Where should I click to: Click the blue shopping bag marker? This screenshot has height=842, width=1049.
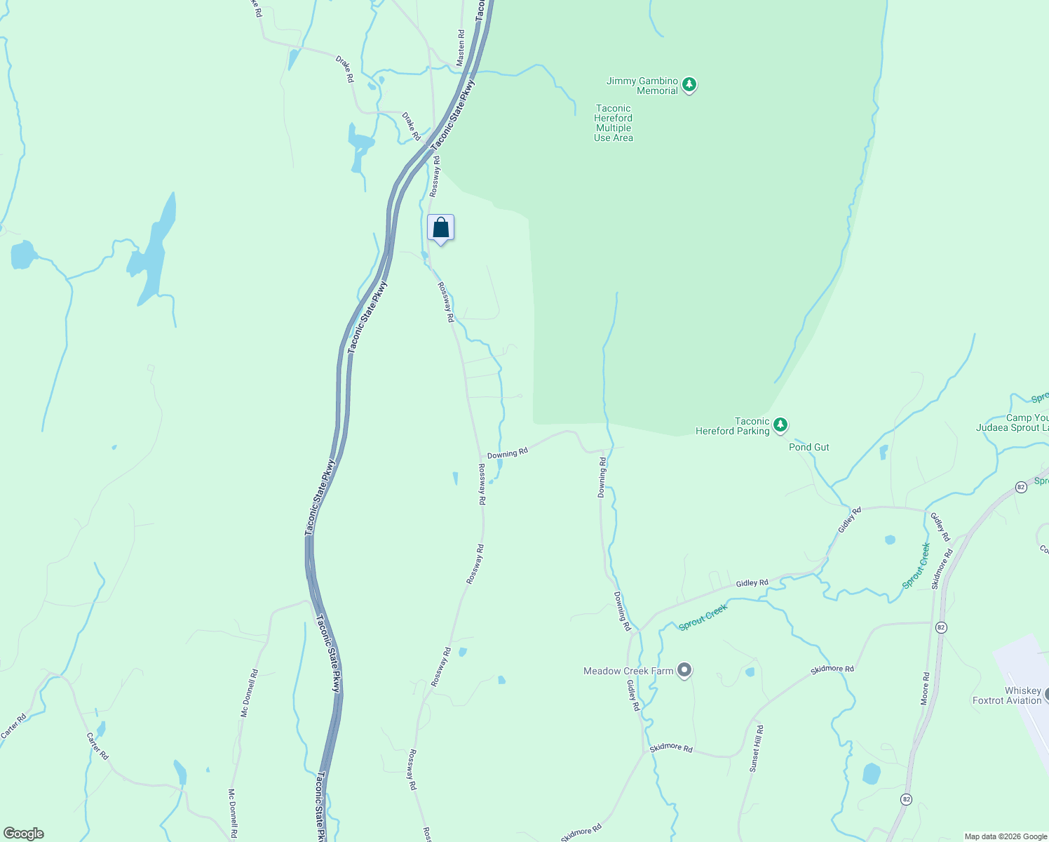coord(440,228)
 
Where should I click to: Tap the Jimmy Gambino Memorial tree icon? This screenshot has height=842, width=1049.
coord(689,86)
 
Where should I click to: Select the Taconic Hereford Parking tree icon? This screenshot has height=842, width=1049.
coord(780,425)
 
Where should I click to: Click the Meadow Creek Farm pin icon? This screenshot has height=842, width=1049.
coord(684,671)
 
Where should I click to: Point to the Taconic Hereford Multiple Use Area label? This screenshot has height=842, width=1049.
coord(614,123)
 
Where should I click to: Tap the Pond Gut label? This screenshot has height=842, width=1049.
coord(808,447)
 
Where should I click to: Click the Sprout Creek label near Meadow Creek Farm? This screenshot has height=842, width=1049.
coord(703,617)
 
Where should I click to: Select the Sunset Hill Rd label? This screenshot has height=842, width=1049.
coord(756,749)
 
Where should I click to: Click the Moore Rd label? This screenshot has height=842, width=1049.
coord(926,688)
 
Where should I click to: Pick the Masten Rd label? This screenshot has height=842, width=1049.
coord(461,48)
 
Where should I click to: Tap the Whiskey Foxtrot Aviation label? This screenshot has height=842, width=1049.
coord(1008,695)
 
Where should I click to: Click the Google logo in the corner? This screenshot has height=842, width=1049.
coord(23,834)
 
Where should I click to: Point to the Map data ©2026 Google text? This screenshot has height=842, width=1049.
coord(1005,836)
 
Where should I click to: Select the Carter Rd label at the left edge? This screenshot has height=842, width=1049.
coord(13,726)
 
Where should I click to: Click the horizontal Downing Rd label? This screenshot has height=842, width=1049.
coord(507,454)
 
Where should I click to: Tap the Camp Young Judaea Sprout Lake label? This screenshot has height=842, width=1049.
coord(1013,422)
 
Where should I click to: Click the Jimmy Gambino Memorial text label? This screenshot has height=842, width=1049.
coord(642,86)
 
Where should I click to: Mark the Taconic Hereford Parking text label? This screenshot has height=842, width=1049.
coord(733,426)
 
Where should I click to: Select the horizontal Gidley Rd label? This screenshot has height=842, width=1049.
coord(752,583)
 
